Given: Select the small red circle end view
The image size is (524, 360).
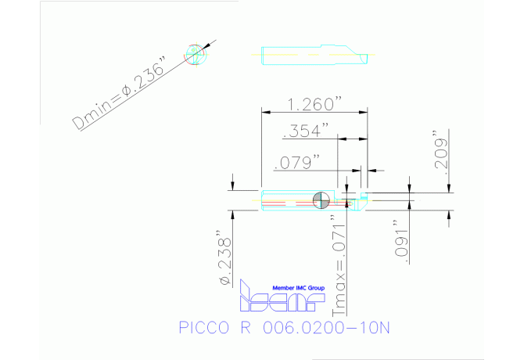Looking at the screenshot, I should point(193,54).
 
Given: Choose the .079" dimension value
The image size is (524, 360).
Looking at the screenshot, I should point(296,162).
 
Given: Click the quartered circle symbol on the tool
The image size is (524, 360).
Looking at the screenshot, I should point(320,200).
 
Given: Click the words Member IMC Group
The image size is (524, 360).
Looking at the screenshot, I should point(298,288).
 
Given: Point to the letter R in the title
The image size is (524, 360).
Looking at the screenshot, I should point(244,328).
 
